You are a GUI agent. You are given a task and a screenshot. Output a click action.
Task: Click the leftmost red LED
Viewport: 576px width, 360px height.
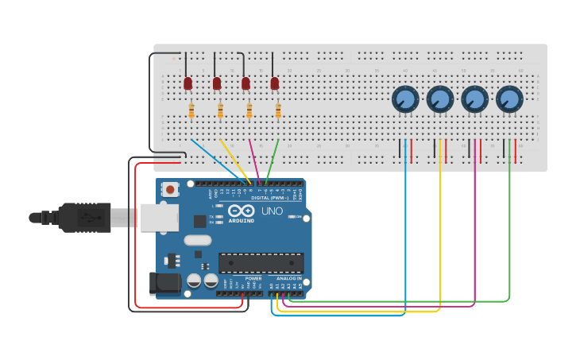(x=188, y=83)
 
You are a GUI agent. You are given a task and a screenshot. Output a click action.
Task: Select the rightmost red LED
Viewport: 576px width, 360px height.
(x=275, y=83)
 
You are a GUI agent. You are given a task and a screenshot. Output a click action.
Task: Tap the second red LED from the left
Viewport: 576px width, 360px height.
(x=217, y=83)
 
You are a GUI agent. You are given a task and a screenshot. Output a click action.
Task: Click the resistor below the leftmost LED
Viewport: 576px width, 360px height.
(x=191, y=110)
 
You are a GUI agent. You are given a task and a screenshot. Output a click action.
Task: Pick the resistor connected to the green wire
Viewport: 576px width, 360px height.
(x=278, y=110)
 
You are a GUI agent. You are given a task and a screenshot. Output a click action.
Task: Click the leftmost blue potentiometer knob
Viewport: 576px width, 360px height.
(x=405, y=99)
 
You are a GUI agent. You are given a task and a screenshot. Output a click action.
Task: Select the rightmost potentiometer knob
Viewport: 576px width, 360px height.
(x=509, y=99)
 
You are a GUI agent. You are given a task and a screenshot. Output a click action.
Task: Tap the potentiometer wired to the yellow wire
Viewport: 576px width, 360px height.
(x=440, y=99)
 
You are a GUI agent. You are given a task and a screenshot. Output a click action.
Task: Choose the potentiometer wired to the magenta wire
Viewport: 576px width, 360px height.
(x=474, y=99)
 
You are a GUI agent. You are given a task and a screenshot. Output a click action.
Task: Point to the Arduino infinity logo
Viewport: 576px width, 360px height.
(x=241, y=211)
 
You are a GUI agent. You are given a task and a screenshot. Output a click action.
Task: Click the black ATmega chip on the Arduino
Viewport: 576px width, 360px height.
(x=261, y=261)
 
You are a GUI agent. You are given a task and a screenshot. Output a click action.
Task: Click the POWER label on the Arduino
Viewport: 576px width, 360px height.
(x=253, y=279)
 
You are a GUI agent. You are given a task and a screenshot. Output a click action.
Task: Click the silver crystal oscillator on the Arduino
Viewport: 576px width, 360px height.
(x=198, y=240)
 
